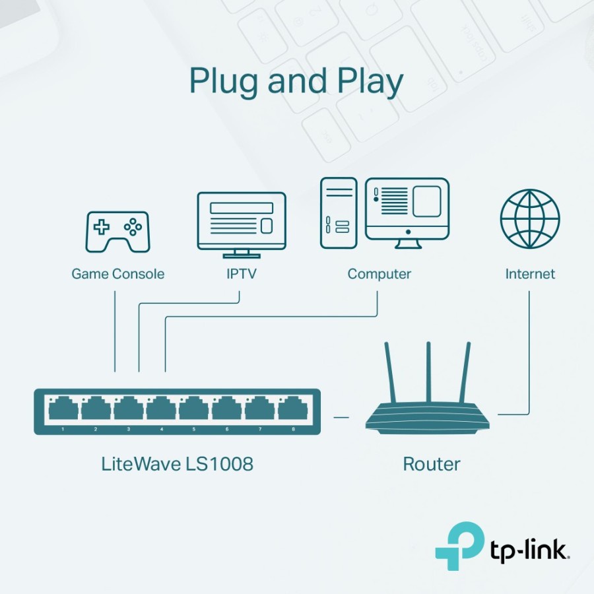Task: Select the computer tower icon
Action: click(x=339, y=213)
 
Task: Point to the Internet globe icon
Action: click(x=530, y=218)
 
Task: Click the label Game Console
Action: click(x=117, y=274)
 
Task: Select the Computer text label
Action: click(x=379, y=274)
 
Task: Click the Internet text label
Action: click(x=530, y=274)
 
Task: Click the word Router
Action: click(x=432, y=463)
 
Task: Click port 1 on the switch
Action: click(x=63, y=409)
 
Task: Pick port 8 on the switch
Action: click(x=293, y=409)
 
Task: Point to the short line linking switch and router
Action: click(x=341, y=417)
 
